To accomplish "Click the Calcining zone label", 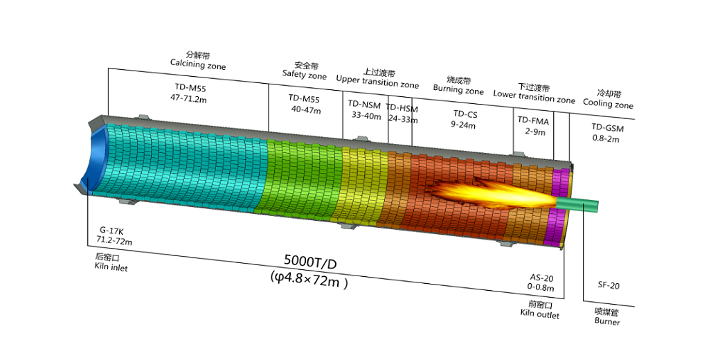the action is tap(198, 64).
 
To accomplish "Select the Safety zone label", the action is tap(305, 75).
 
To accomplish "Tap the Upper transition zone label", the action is tap(377, 82).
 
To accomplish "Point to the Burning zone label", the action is tap(458, 89).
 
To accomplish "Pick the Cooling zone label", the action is tap(608, 103).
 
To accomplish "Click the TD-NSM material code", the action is tap(365, 105).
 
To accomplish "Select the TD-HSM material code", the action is tap(402, 109).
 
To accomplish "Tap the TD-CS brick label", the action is tap(465, 114).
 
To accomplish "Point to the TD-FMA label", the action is tap(533, 120).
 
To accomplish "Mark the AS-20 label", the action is tap(542, 278).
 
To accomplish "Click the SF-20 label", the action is tap(609, 286).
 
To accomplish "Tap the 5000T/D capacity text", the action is tap(310, 262).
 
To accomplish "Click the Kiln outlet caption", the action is tap(540, 314).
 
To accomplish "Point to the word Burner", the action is tap(607, 321).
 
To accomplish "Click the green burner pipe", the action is tap(577, 204).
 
